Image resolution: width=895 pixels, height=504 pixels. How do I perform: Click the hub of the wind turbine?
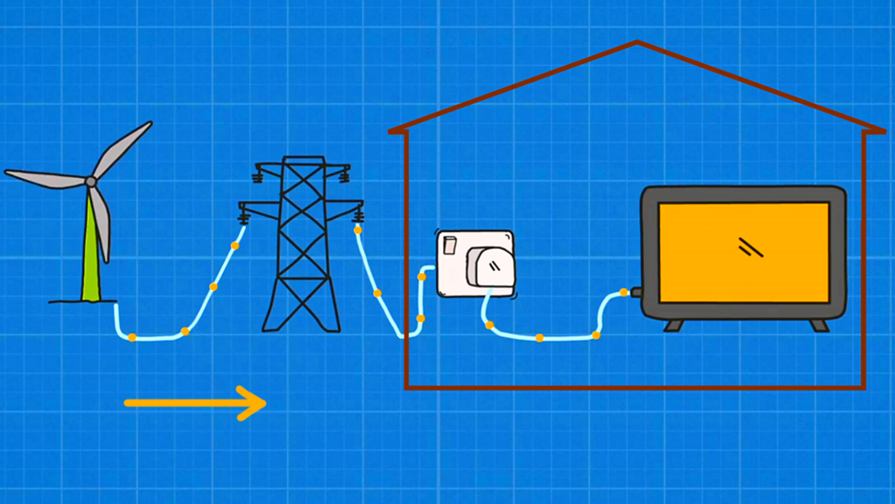(91, 182)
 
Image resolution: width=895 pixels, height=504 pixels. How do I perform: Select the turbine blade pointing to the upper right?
(123, 149)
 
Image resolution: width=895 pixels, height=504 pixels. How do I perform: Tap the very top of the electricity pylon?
(303, 160)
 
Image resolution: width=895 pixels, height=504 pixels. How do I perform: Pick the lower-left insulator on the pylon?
(245, 217)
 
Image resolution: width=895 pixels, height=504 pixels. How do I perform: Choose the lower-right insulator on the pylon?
(358, 217)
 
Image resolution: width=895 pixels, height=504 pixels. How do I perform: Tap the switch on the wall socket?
(450, 245)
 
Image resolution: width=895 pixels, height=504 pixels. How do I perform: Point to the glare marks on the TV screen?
(751, 246)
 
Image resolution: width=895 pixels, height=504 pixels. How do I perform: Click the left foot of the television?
(674, 325)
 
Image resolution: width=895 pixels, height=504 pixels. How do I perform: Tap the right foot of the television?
(819, 325)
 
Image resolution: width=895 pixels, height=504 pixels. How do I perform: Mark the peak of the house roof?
(636, 42)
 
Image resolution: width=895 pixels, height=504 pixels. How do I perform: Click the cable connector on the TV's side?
(635, 293)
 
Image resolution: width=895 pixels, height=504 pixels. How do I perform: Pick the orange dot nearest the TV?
(624, 293)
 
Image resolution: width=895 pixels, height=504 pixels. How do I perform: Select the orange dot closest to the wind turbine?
(132, 338)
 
